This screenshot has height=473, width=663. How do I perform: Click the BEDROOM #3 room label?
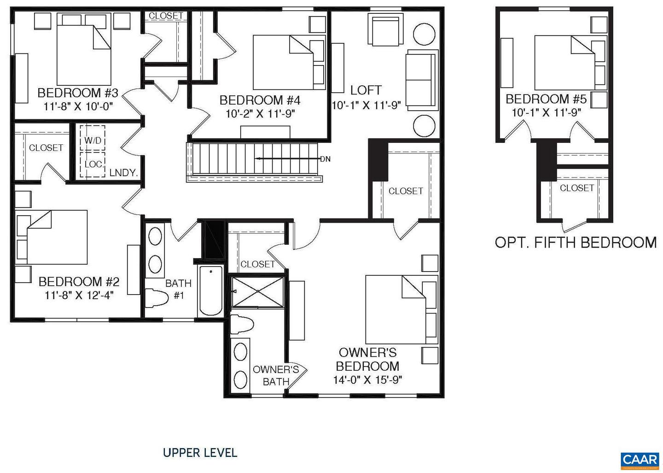coord(78,93)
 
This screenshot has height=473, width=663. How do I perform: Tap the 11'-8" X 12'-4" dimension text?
coord(79,295)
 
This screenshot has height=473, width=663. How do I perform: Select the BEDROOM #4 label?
coord(260,100)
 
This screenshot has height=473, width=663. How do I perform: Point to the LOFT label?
coord(366,90)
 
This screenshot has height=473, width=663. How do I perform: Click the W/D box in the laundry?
coord(93,140)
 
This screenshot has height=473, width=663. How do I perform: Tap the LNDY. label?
coord(124,173)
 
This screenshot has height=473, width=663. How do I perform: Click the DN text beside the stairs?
coord(326,159)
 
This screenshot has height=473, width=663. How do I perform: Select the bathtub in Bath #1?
coord(210,290)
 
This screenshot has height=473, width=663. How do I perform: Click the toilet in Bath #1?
coord(156,298)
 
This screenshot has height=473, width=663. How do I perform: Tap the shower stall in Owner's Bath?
coord(257,291)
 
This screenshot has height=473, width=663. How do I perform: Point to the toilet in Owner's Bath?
coord(242,325)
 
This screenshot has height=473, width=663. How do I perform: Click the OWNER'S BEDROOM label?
coord(367,359)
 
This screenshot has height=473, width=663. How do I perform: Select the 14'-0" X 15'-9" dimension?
coord(367,380)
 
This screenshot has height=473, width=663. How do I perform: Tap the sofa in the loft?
coord(420,81)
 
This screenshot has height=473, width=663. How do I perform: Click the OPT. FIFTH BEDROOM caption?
coord(576,242)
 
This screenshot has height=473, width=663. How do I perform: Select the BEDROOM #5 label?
coord(546,99)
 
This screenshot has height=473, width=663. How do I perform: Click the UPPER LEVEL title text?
coord(200,453)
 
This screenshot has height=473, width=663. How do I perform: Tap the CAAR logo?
coord(640,459)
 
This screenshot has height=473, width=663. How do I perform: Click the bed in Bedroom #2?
coord(52,237)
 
